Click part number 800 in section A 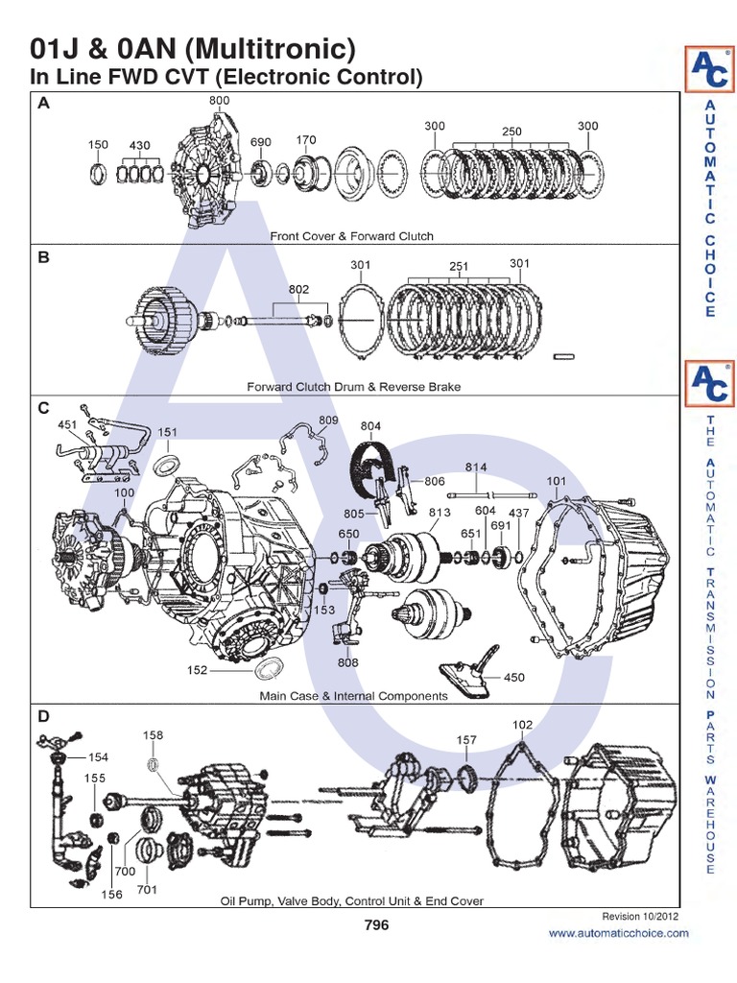[x=219, y=99]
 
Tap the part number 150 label [x=98, y=145]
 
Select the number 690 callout [x=261, y=142]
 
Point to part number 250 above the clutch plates [x=511, y=131]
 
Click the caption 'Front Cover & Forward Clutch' [x=351, y=235]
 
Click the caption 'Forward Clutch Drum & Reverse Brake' [x=354, y=386]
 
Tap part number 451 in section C [x=67, y=423]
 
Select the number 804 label [x=371, y=425]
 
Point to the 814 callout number [x=477, y=467]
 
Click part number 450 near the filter [x=514, y=677]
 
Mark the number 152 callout [x=197, y=671]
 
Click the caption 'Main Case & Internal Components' [x=353, y=695]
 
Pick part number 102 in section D [x=522, y=725]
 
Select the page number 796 [x=376, y=925]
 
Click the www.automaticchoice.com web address [x=618, y=932]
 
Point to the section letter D [x=43, y=716]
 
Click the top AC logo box [x=710, y=70]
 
